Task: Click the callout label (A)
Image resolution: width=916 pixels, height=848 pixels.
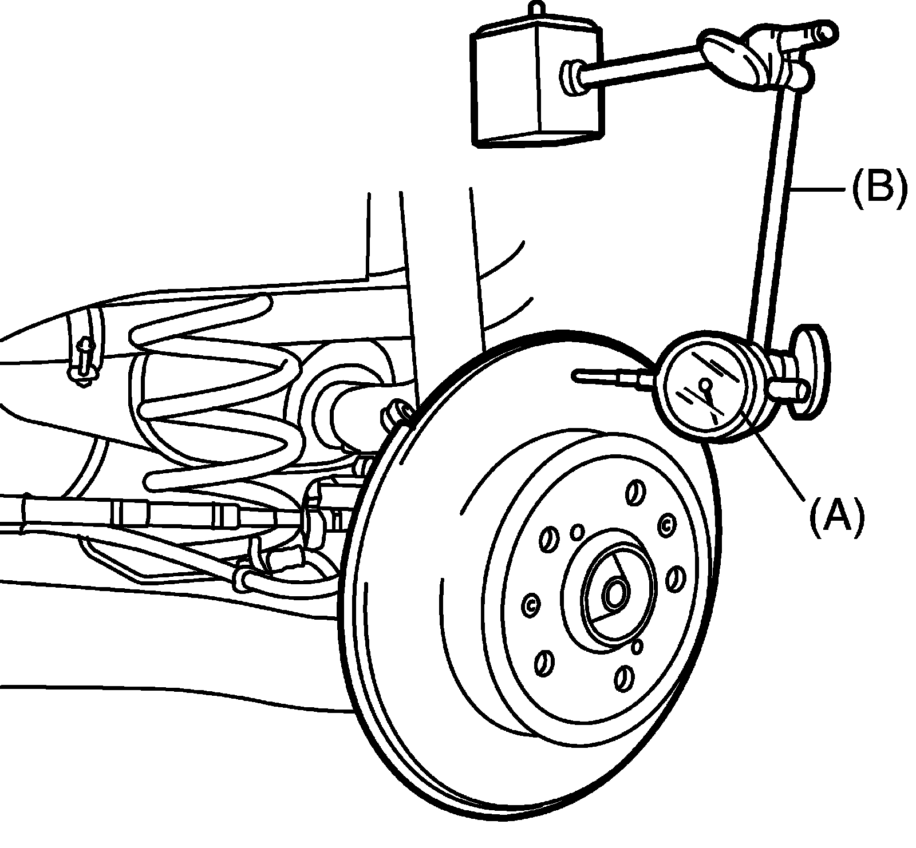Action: coord(836,516)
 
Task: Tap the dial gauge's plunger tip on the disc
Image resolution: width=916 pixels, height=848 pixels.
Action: coord(577,375)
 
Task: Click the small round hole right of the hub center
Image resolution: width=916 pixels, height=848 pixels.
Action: coord(637,645)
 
